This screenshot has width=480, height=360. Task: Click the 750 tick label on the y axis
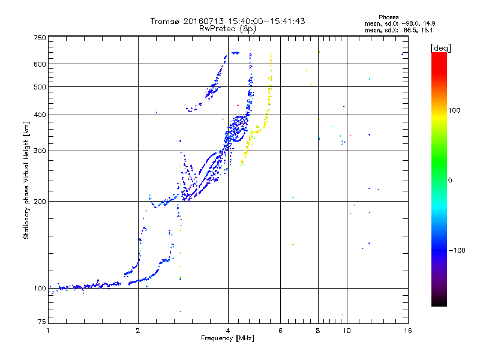[x=40, y=38]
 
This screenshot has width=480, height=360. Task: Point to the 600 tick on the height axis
[x=40, y=64]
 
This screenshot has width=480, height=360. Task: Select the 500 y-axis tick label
[x=40, y=87]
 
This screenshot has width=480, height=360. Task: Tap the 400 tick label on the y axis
[x=40, y=115]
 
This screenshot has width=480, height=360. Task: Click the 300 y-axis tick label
[x=40, y=151]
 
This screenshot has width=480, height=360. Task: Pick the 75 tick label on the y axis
[x=41, y=323]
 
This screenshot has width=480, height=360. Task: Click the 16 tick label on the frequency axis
[x=407, y=331]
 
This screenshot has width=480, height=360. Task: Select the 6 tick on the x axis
[x=280, y=331]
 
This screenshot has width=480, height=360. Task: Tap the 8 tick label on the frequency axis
[x=317, y=331]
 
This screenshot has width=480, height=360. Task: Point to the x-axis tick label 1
[x=48, y=331]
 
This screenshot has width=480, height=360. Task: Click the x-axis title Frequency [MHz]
[x=228, y=338]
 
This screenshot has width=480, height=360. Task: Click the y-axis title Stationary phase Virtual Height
[x=26, y=180]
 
